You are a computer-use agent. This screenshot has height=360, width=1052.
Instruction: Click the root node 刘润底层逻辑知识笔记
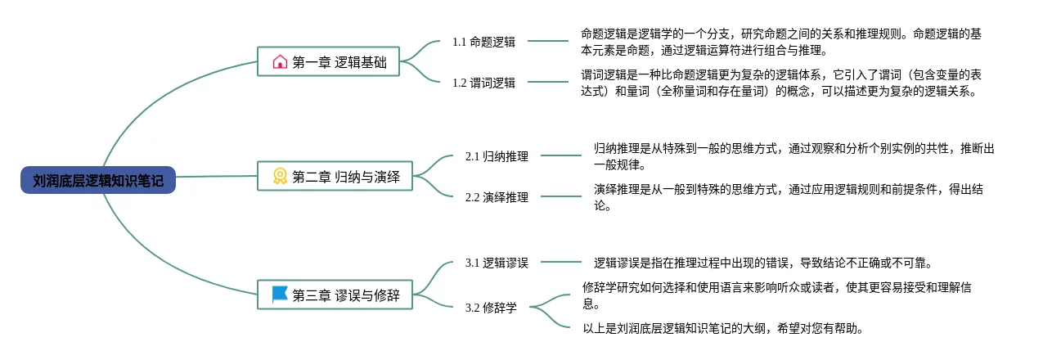98,181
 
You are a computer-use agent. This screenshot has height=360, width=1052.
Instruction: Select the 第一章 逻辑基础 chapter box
329,61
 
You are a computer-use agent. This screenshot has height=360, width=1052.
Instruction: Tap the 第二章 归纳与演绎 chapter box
335,176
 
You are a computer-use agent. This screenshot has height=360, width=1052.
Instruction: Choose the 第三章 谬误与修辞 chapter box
335,295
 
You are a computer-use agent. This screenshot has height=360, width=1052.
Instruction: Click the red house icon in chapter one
280,61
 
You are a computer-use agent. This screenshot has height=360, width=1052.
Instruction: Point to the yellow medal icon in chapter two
280,176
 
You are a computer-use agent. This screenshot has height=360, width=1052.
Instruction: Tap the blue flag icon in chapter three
280,295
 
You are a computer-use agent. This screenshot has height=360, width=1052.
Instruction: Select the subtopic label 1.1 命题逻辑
483,42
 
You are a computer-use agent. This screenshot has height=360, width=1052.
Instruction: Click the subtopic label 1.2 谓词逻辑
483,82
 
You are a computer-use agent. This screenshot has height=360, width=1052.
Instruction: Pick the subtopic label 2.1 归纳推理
497,156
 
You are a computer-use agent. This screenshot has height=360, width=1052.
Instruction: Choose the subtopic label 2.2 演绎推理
497,197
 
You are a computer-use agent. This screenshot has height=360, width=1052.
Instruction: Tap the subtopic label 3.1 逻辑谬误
497,263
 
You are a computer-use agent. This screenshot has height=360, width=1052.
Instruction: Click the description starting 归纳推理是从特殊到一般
793,156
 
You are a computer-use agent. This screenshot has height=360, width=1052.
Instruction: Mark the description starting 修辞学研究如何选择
778,295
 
